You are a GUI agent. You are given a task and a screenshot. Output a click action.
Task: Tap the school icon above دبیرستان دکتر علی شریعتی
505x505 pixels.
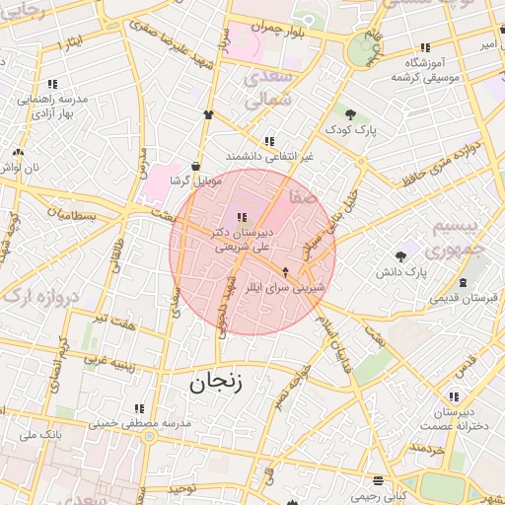click(243, 216)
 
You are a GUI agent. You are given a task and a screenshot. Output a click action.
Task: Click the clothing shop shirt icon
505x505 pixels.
click(208, 114)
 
